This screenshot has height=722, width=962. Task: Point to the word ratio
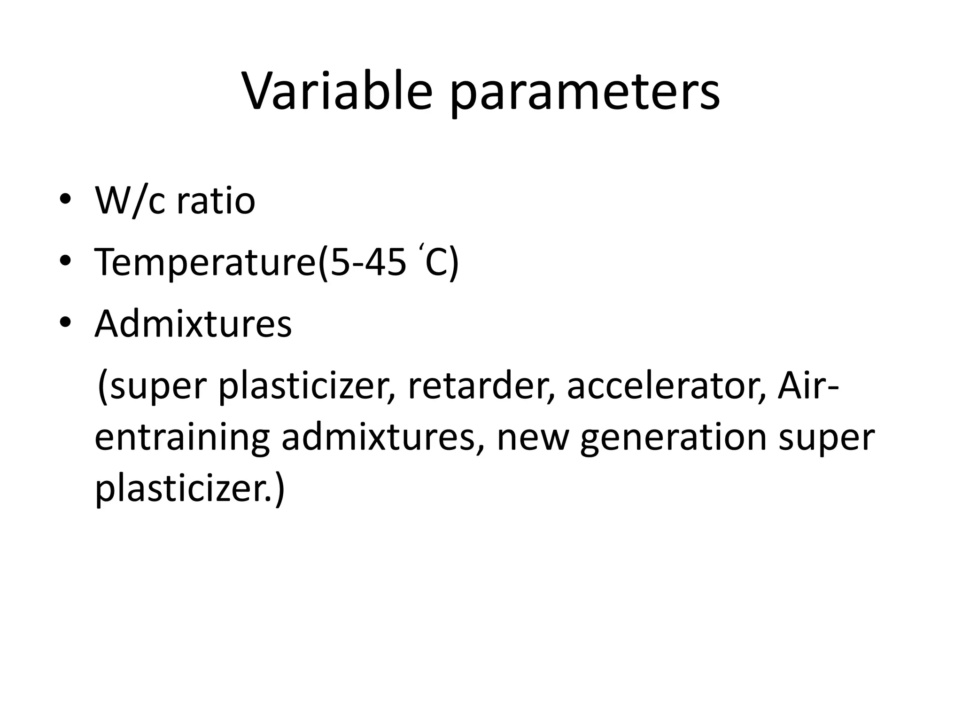[216, 201]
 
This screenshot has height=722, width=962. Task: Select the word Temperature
[205, 263]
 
